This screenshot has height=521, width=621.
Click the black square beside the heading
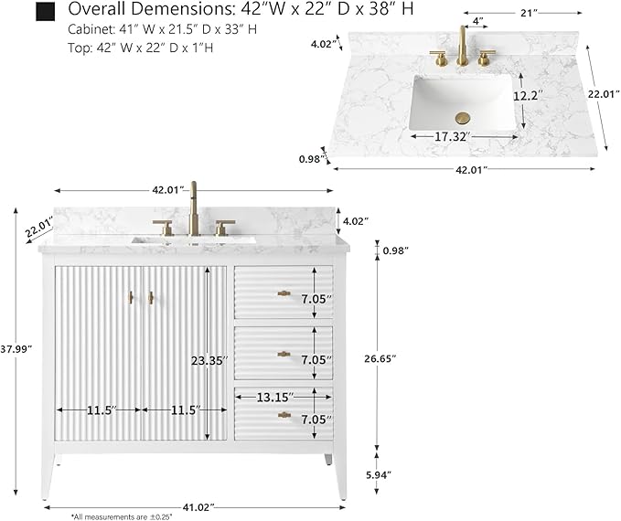45,12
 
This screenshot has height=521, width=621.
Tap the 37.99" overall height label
16,349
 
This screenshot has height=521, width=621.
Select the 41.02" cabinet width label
198,506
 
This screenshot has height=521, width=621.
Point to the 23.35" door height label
209,361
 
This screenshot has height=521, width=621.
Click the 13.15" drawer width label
275,397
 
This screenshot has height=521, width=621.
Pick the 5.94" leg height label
379,474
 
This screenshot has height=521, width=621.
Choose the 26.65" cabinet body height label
380,358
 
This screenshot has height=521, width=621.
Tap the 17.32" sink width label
453,137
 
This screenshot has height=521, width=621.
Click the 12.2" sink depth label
528,96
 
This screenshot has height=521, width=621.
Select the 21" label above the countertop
529,14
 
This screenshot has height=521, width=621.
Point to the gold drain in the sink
463,118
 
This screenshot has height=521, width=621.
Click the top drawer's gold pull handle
284,293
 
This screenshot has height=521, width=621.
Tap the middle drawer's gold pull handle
284,354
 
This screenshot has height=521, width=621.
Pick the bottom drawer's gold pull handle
284,415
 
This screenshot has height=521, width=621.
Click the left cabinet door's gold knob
131,298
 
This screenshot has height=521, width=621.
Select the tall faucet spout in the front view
194,208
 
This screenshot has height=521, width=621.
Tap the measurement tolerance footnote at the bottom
122,516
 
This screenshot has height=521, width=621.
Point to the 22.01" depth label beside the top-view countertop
604,94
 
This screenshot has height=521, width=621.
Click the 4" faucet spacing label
478,21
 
